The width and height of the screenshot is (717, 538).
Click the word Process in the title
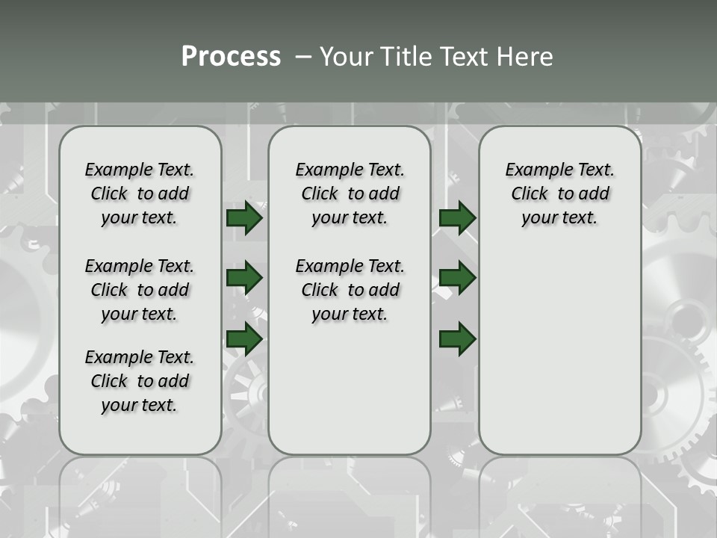pos(231,57)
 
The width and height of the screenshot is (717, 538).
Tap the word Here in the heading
pos(524,57)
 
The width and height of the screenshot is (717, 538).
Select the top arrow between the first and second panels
pos(244,218)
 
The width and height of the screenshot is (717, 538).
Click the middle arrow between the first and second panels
pos(244,278)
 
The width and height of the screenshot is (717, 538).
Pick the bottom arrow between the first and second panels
pos(244,338)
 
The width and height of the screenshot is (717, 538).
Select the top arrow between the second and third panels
pos(457,218)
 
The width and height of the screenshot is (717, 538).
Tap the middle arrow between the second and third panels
pos(457,278)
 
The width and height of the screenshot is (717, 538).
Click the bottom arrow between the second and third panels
pos(457,338)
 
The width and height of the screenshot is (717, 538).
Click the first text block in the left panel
pos(140,194)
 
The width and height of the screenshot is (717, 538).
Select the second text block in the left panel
pos(140,290)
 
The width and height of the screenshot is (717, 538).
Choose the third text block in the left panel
pos(140,381)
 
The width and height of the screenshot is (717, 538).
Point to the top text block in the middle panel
pos(350,194)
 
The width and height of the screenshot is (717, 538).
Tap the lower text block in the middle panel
pos(350,290)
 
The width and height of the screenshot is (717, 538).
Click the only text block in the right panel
pos(560,194)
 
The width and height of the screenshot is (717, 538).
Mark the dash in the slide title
pos(303,58)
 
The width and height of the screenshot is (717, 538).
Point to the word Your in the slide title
pos(347,57)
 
